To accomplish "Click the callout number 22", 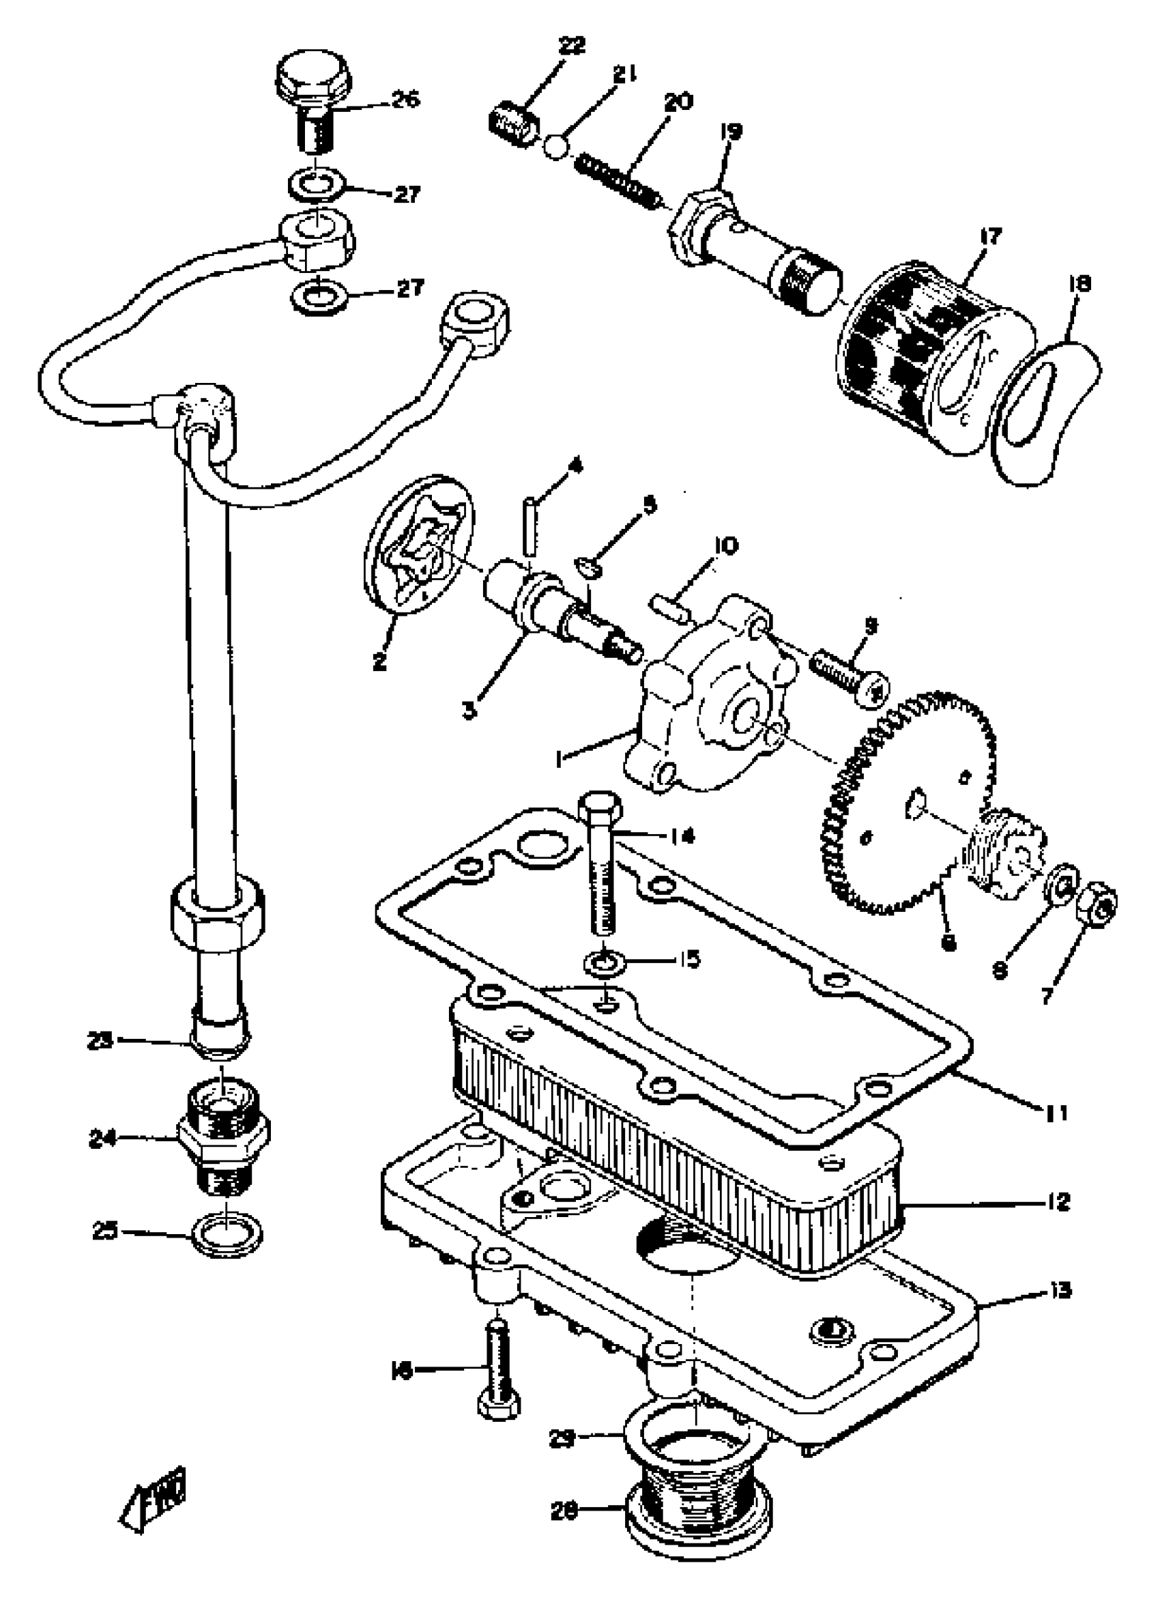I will (571, 46).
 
